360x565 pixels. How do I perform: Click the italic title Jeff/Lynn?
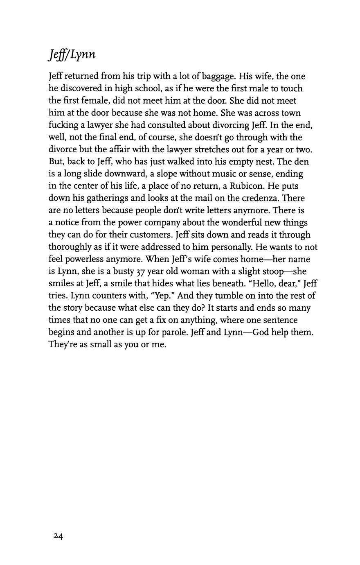72,55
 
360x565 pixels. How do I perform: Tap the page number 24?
58,536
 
